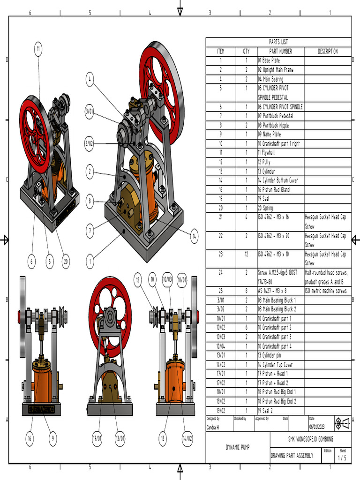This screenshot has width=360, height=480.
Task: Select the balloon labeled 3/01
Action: coord(89,112)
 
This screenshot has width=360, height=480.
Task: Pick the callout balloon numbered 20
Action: coord(66,262)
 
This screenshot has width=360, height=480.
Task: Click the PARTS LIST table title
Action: coord(278,42)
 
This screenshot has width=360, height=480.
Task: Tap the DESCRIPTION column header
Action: coord(327,52)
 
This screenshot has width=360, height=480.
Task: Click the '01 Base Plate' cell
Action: coord(269,60)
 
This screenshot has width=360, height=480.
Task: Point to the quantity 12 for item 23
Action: coord(246,254)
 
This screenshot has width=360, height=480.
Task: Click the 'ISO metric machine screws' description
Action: coord(325,291)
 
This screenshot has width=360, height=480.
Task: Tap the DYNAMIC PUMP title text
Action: coord(238,447)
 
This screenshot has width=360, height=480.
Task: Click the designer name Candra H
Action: coord(212,427)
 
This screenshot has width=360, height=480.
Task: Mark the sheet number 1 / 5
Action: coord(343,457)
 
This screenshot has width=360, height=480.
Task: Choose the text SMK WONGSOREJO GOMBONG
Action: coord(310,439)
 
